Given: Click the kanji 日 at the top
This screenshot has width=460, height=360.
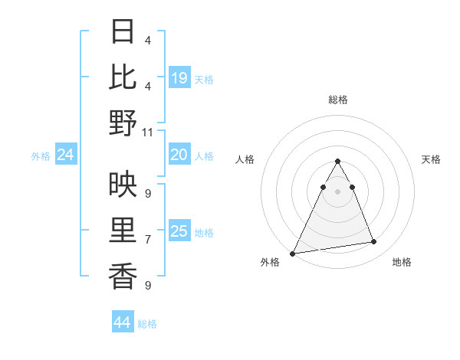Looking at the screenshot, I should [123, 31].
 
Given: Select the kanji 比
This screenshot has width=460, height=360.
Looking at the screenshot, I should [123, 77].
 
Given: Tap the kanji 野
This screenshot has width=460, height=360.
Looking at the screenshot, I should [123, 123].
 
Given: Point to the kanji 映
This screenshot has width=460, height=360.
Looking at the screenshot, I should [123, 184].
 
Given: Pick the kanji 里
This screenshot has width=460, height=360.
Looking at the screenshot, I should [123, 231].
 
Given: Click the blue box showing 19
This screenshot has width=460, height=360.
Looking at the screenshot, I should [179, 78].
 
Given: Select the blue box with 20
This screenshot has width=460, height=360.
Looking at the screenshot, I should [179, 155].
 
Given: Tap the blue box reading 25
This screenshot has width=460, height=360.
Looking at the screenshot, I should [179, 231].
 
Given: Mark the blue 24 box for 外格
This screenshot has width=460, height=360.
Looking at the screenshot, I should [65, 155].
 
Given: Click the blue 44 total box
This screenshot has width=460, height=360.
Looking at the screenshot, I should [122, 322].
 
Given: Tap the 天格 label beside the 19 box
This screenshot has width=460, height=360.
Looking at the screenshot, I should [204, 80].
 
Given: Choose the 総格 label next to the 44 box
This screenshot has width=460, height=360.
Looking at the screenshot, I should [147, 324].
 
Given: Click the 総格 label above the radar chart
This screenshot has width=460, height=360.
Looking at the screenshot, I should [337, 100].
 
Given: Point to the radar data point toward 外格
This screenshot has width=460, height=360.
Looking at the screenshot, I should [293, 253].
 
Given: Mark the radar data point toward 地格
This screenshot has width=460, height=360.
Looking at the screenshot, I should [374, 242].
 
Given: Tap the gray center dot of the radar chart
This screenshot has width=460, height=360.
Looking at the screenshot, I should [337, 191].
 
